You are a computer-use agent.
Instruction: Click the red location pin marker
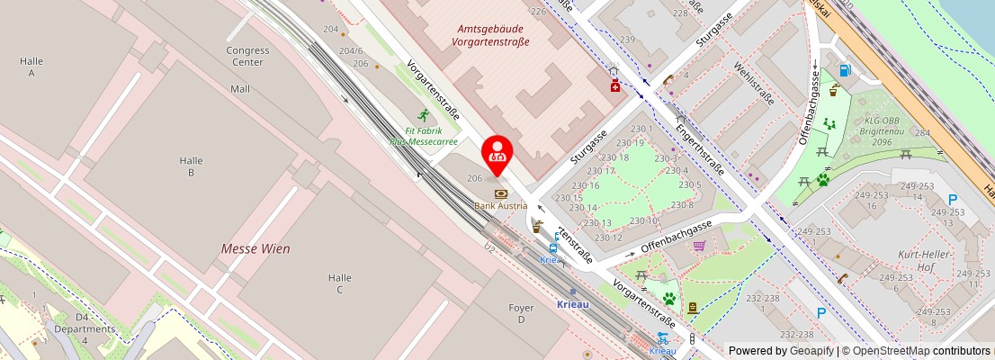point(497,155)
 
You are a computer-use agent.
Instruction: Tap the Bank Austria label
point(500,206)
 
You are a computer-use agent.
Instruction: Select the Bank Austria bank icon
point(500,193)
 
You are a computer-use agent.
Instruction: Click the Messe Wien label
point(255,248)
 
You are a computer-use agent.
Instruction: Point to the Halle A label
point(31,67)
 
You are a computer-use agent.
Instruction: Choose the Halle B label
point(191,166)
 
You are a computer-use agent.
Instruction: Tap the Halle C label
point(339,283)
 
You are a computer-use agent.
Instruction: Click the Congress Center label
point(248,57)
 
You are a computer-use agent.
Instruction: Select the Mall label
point(240,89)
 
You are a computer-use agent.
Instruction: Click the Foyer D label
point(521,314)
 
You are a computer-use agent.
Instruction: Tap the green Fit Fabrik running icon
point(424,115)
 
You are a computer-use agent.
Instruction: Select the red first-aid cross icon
point(615,85)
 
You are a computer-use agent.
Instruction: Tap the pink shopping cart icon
point(699,245)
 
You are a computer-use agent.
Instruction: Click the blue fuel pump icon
point(844,69)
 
